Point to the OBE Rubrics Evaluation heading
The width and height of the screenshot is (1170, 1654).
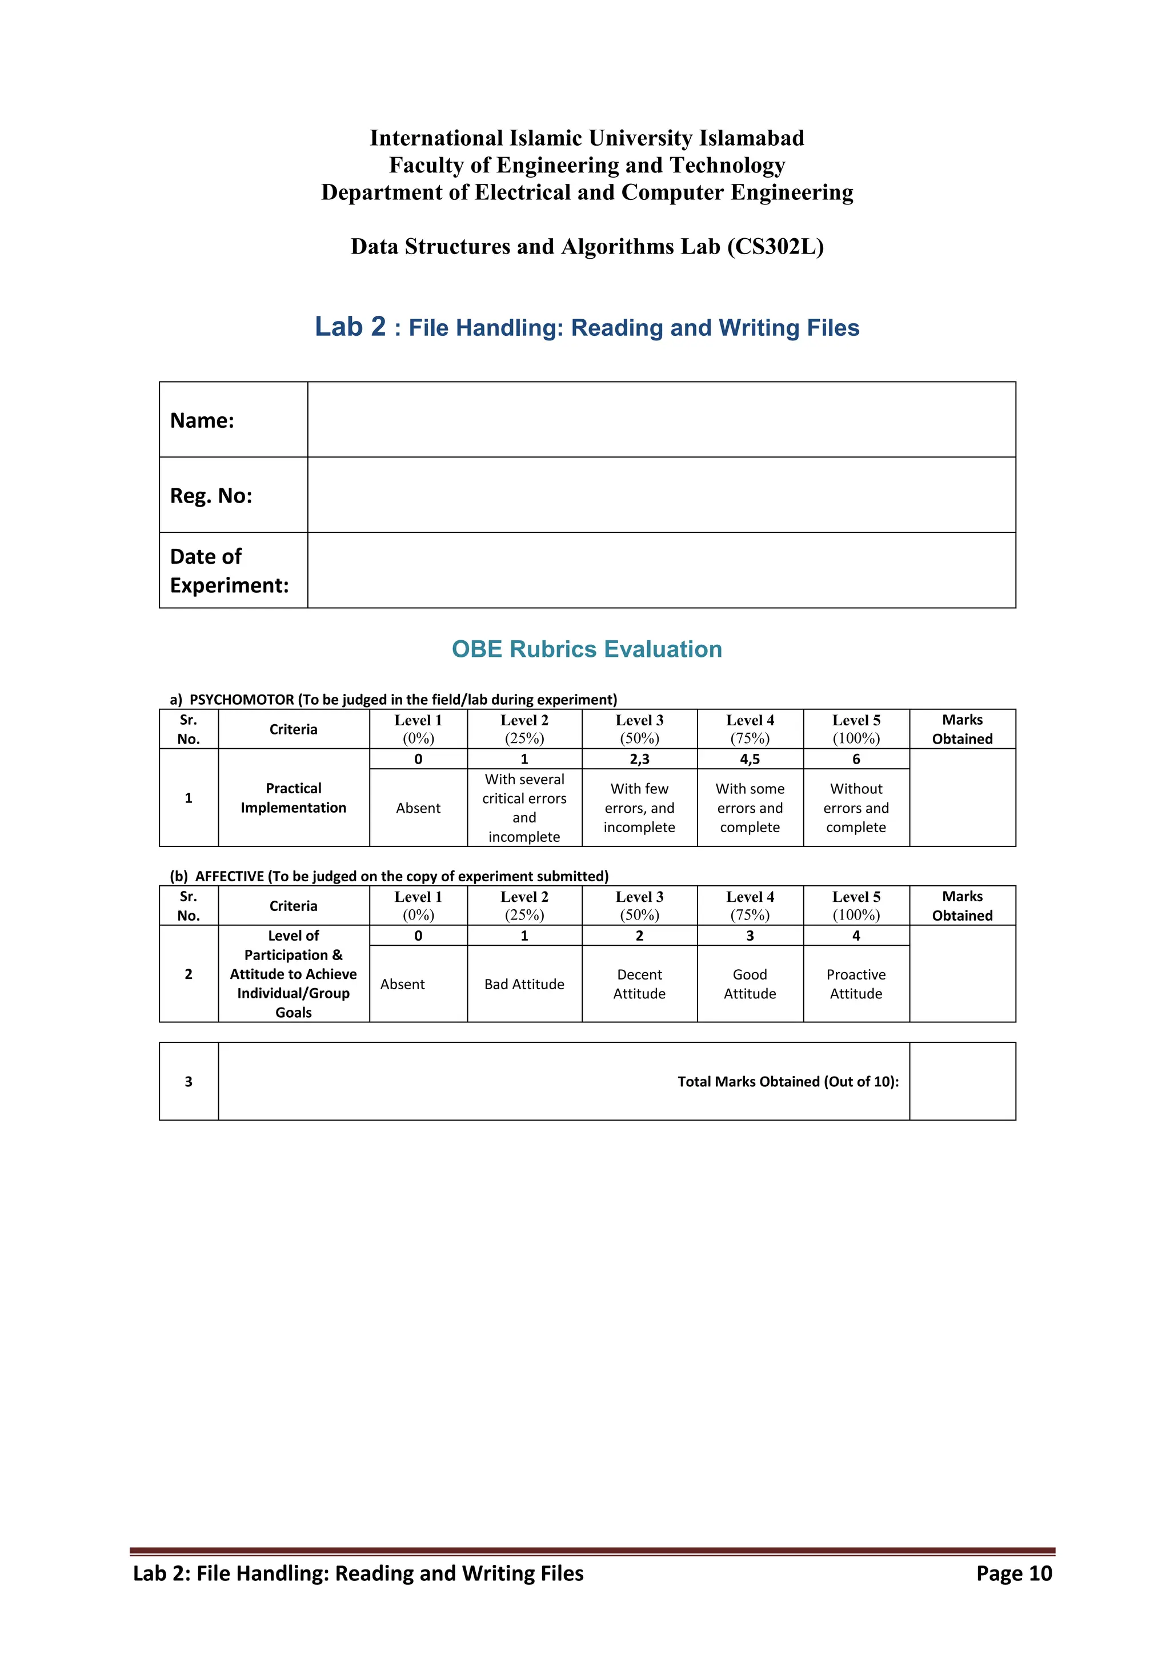(587, 649)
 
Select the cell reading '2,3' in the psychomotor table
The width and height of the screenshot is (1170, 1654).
(639, 759)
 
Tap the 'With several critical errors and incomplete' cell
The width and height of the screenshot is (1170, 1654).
(524, 808)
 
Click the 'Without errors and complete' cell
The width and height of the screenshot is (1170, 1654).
(856, 808)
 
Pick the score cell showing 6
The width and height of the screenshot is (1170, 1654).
(856, 759)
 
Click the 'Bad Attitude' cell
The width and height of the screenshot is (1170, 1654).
(524, 984)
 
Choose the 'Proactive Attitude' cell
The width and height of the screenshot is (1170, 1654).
(856, 984)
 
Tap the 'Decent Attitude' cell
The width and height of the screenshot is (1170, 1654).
(639, 984)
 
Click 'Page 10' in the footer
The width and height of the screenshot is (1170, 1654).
(1013, 1573)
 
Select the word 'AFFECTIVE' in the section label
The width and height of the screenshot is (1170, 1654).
(229, 876)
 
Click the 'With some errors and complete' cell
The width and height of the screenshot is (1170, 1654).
(750, 808)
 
